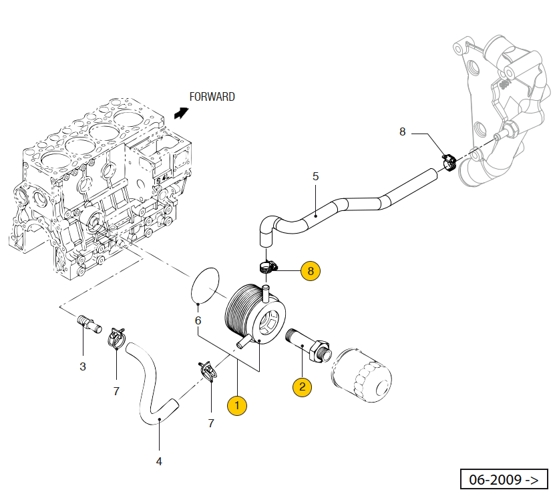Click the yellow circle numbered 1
coord(237,405)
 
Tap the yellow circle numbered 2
coord(302,386)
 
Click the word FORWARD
coord(212,97)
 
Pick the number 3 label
coord(83,366)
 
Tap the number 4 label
coord(159,461)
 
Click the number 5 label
coord(316,176)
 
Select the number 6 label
coord(198,320)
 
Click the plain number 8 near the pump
coord(402,132)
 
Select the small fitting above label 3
coord(87,322)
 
